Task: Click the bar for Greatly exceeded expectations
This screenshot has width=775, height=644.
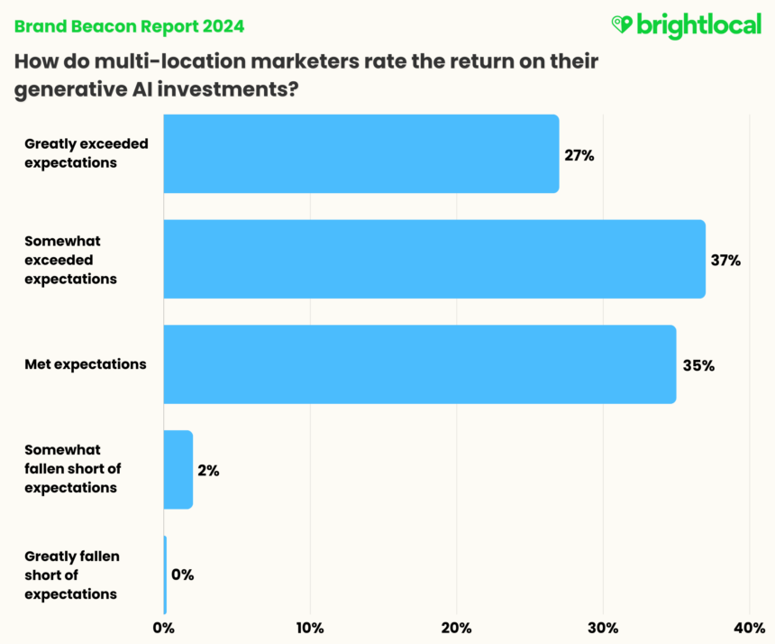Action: [360, 153]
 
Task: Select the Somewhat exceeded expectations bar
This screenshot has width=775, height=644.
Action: [433, 259]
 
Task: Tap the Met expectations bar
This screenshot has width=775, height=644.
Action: [419, 364]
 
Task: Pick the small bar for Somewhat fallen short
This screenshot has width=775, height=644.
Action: [178, 469]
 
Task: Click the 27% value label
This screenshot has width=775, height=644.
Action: [579, 155]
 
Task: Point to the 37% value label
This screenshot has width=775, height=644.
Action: [725, 261]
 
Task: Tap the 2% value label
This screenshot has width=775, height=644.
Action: [207, 470]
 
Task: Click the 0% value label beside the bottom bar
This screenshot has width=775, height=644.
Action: [182, 575]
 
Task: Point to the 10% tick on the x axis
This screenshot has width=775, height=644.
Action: [310, 627]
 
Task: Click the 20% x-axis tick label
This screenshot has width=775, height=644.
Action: [457, 627]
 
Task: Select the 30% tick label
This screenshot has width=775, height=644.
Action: [603, 627]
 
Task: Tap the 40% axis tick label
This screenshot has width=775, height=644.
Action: [750, 627]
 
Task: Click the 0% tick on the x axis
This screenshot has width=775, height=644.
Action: [164, 627]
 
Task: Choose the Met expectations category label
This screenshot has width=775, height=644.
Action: [85, 364]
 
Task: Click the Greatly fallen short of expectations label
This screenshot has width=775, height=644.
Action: [71, 575]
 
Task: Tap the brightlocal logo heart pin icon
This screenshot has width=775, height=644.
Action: [622, 25]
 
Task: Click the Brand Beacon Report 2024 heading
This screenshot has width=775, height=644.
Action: [128, 26]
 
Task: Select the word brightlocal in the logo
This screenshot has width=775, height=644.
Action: [698, 25]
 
